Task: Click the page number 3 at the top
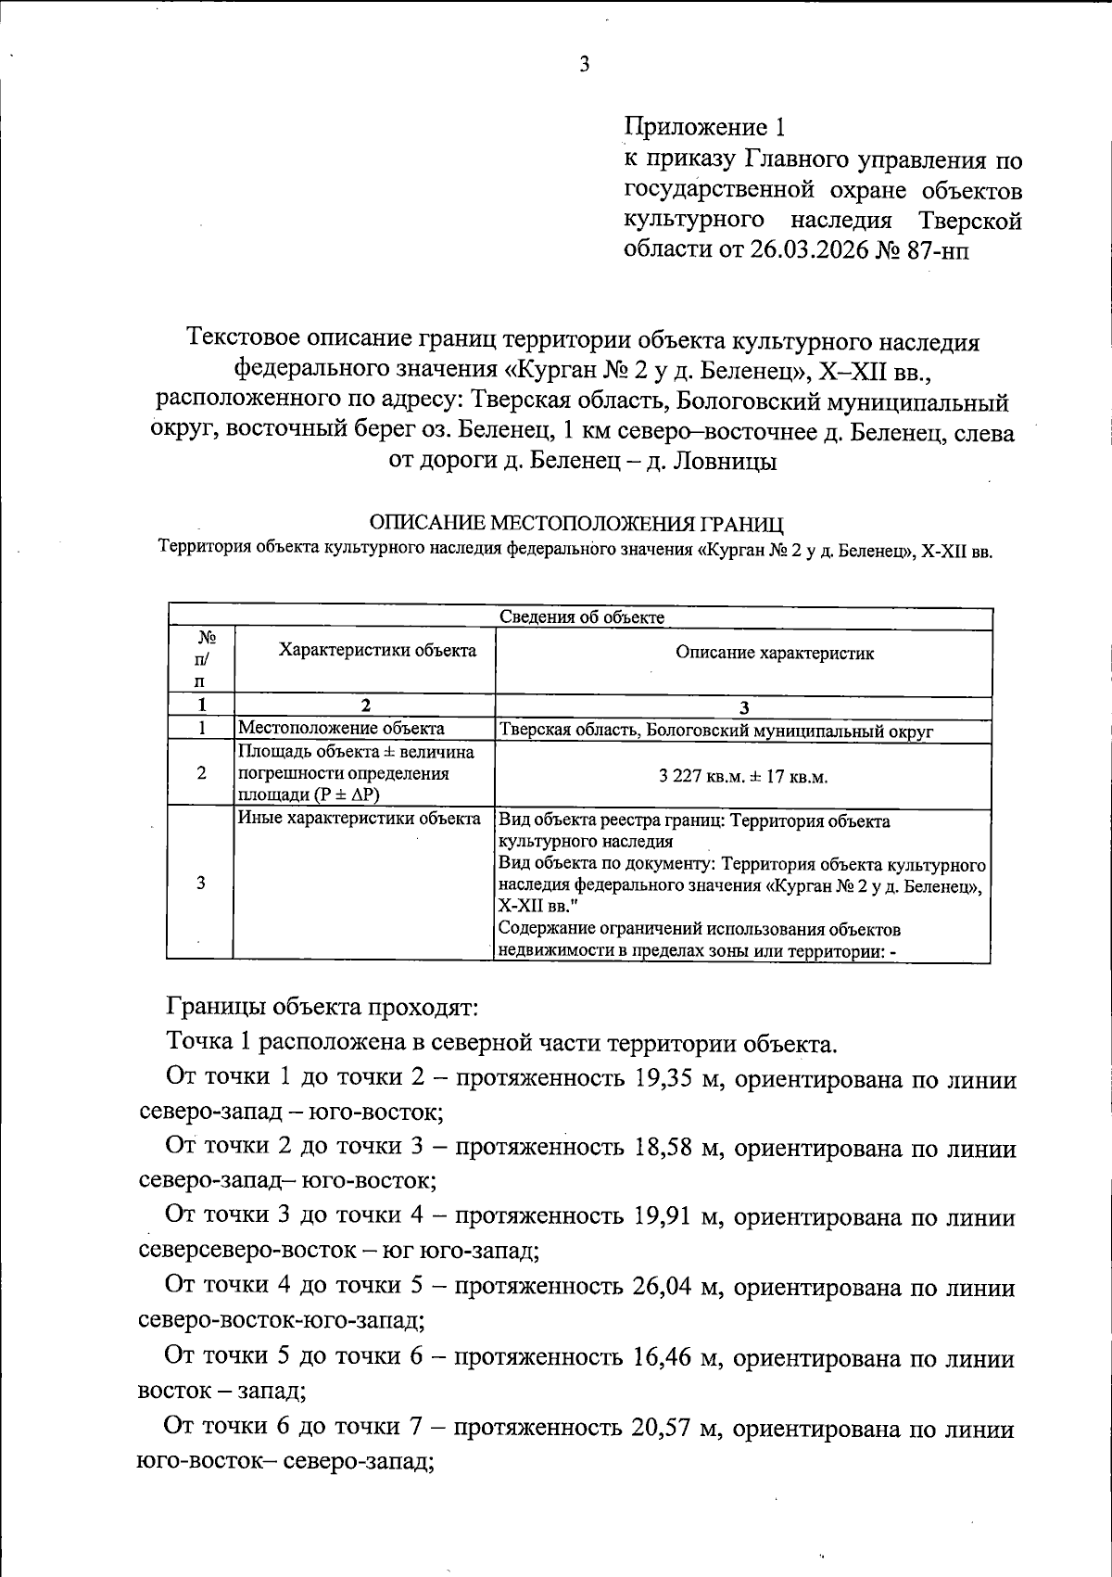pos(584,64)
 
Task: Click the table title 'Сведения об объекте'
pos(582,617)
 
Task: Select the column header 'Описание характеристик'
pos(774,653)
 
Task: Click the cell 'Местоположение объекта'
pos(341,729)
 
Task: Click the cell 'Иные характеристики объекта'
pos(360,819)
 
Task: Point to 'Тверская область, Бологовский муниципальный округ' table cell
pos(715,731)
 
